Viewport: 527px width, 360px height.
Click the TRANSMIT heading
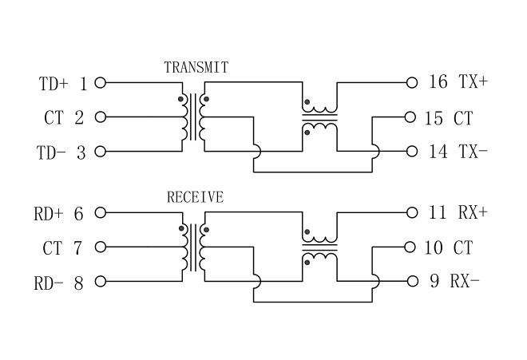pos(196,67)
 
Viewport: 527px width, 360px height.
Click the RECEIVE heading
pos(195,197)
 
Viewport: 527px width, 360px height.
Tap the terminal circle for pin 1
pos(100,82)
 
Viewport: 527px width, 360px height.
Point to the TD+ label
pos(54,83)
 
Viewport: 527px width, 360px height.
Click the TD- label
pos(53,152)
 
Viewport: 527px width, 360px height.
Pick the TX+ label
pos(473,82)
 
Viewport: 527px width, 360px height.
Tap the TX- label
pos(473,151)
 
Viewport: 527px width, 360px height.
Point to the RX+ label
pos(472,212)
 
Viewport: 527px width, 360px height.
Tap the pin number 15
pos(434,118)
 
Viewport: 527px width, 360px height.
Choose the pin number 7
pos(77,248)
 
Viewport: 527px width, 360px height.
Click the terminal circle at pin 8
pos(100,282)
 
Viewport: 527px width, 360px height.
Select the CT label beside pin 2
pos(53,118)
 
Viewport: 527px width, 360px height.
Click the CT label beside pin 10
pos(463,248)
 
